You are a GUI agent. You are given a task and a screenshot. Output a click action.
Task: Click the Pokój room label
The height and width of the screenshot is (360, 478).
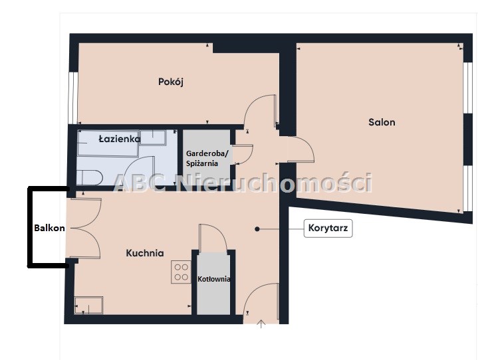[x=171, y=82]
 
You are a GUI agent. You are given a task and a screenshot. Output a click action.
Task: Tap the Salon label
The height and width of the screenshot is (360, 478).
[x=382, y=122]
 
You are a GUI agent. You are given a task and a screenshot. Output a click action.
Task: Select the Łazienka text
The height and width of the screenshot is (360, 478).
[x=120, y=139]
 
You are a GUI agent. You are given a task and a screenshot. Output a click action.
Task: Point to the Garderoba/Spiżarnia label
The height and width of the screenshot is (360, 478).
[x=207, y=158]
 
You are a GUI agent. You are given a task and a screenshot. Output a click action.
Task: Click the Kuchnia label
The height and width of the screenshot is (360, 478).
[x=145, y=253]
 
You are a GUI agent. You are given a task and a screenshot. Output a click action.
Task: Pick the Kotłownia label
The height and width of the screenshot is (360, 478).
[x=213, y=279]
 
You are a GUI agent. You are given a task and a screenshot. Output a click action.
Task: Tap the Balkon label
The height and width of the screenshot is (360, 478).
[x=49, y=228]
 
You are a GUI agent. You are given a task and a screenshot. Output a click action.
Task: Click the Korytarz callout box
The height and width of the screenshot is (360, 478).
[x=328, y=228]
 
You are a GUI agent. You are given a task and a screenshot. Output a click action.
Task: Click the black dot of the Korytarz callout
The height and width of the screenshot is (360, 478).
[x=257, y=228]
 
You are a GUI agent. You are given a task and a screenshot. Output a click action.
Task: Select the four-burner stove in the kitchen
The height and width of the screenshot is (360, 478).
[x=181, y=272]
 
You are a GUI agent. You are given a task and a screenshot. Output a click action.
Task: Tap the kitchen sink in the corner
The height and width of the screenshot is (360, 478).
[x=88, y=305]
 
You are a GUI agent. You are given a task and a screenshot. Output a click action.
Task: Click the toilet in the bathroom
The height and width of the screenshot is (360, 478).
[x=89, y=177]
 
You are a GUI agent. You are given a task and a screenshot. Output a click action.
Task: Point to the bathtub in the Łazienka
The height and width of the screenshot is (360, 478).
[x=108, y=143]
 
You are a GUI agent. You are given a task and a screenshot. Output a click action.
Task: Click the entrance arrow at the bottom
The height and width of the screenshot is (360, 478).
[x=261, y=324]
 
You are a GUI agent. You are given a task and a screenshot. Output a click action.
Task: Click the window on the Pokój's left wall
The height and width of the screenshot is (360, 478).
[x=73, y=98]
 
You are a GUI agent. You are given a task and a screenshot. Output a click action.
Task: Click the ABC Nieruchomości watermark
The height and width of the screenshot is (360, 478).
[x=243, y=183]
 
